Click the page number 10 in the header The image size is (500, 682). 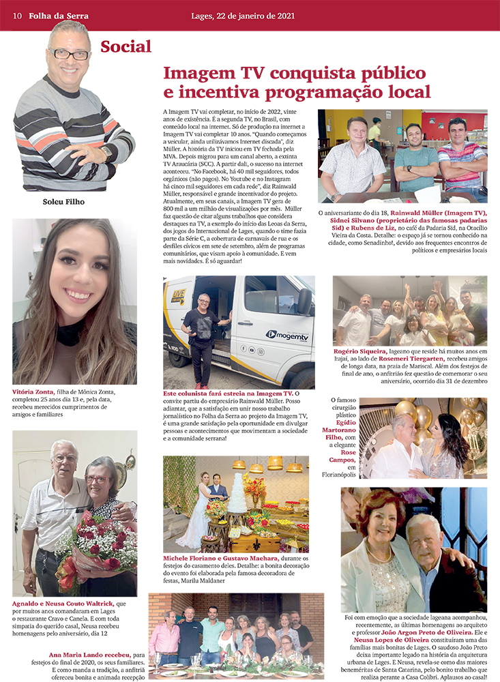click(17, 16)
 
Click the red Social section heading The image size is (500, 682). click(126, 47)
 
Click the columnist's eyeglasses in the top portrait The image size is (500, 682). click(71, 54)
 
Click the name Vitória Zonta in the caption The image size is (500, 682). click(35, 392)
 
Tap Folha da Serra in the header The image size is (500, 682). click(59, 16)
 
